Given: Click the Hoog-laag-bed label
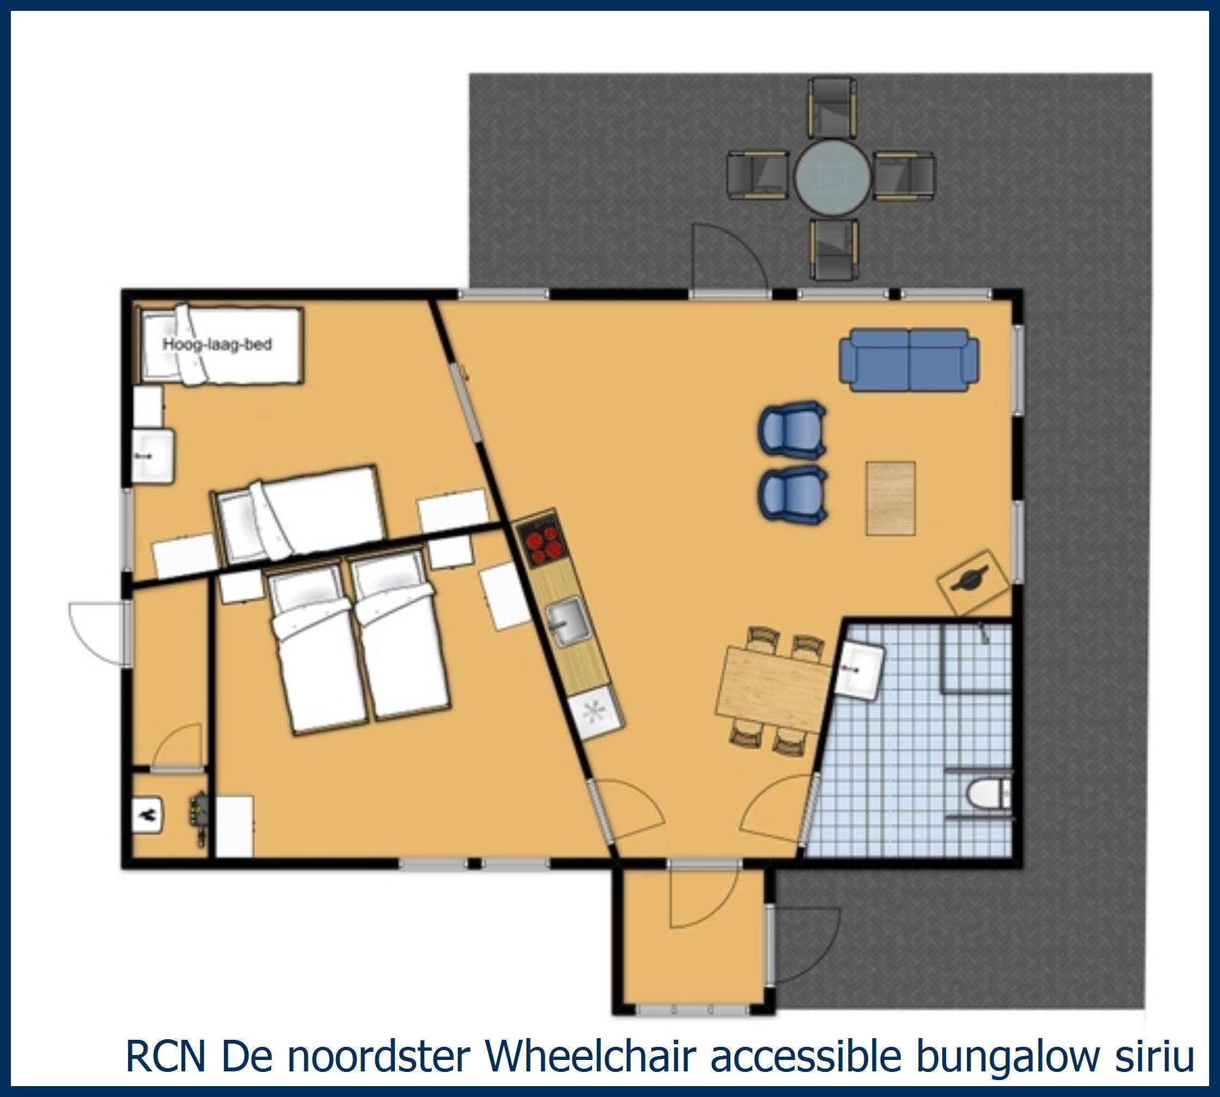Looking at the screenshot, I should pyautogui.click(x=217, y=344).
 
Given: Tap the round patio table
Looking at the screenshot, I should pyautogui.click(x=833, y=176).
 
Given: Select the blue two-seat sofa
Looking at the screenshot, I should pyautogui.click(x=909, y=360).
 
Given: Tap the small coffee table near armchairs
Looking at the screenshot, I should pyautogui.click(x=890, y=499).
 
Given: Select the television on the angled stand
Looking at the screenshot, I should pyautogui.click(x=972, y=580).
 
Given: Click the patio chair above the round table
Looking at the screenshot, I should pyautogui.click(x=833, y=107).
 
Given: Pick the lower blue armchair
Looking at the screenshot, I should pyautogui.click(x=792, y=491).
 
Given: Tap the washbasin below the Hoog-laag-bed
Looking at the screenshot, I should pyautogui.click(x=152, y=456).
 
